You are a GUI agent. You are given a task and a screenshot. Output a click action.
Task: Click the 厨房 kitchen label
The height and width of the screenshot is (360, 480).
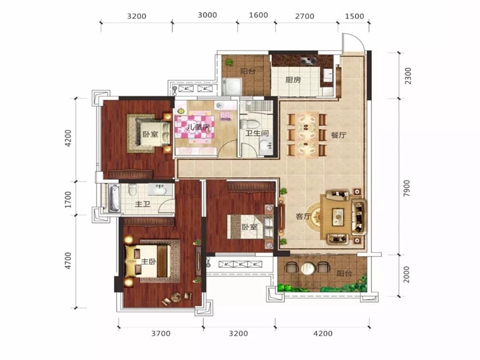pos(293,80)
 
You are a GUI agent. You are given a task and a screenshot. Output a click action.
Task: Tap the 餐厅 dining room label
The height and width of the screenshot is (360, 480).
pos(338,135)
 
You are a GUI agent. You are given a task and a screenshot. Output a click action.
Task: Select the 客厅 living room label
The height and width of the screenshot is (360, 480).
pos(303,217)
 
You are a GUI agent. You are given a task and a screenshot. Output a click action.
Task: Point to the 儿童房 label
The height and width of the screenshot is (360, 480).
pos(196,128)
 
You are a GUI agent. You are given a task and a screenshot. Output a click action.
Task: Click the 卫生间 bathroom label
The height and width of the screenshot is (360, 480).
pos(257,133)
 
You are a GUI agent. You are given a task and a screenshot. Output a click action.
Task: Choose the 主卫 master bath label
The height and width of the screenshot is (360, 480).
pos(143,204)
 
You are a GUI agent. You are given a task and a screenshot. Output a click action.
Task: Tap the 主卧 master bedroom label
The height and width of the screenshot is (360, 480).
pos(148,262)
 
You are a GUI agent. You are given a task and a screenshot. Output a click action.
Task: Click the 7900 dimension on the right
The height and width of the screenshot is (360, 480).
pos(407,188)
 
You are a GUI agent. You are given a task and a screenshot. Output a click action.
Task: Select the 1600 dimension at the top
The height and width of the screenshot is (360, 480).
pos(259,15)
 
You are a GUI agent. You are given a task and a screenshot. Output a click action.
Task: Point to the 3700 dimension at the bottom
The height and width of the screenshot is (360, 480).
pos(161,334)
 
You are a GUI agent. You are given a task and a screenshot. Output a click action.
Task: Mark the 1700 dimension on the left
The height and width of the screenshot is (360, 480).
pos(69,199)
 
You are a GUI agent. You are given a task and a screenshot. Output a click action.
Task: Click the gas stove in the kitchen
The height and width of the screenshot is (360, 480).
pos(308,60)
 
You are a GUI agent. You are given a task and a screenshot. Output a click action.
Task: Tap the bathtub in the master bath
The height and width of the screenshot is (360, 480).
pos(114,198)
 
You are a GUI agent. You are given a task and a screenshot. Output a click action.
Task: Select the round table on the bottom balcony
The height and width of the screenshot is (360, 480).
pos(308,269)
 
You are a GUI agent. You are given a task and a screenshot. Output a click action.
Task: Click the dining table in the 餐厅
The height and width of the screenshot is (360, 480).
pos(308,135)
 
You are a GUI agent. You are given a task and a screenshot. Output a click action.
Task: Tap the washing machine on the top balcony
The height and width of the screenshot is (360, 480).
pos(232,86)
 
